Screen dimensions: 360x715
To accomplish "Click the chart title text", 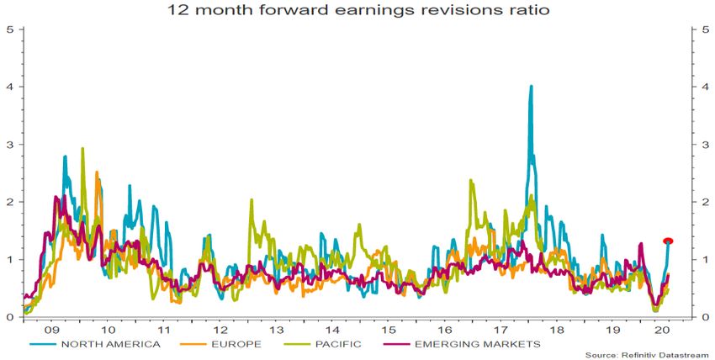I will click(x=357, y=12).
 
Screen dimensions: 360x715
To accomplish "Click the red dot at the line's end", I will click(x=669, y=241).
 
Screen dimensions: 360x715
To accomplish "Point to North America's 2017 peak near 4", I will click(x=531, y=87).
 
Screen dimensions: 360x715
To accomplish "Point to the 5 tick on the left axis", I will click(x=9, y=29).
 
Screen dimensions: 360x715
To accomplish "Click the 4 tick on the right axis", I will click(x=704, y=87).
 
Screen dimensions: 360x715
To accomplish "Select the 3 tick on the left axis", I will click(x=9, y=145).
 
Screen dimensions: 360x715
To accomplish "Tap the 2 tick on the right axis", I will click(x=704, y=202).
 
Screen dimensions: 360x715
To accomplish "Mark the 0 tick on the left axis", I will click(x=9, y=317).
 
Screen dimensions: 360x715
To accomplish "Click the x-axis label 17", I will click(x=501, y=329).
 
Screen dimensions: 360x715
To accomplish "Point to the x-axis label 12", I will click(x=220, y=329).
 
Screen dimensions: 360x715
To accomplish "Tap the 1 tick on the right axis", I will click(x=704, y=260).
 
